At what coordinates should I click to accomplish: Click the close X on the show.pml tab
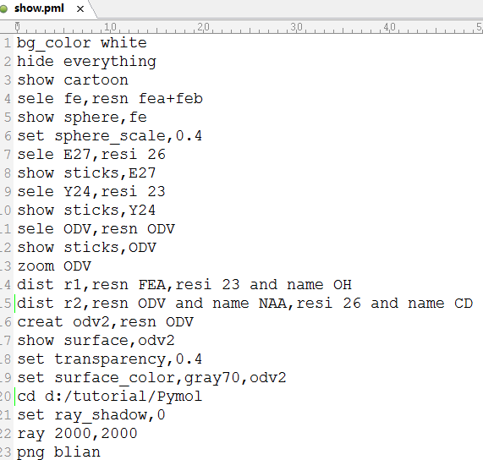pos(80,9)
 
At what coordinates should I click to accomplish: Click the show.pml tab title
pos(39,8)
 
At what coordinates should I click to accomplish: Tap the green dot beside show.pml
pos(3,9)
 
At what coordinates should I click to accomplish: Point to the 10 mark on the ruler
pos(110,27)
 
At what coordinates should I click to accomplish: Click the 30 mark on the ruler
pos(296,27)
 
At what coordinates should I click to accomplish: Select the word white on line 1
pos(123,43)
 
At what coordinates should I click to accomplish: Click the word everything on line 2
pos(110,62)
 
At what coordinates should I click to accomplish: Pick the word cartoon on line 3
pos(96,80)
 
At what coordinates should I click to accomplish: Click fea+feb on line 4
pos(170,99)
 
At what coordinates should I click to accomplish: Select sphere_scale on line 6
pos(110,136)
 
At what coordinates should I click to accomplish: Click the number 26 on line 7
pos(156,154)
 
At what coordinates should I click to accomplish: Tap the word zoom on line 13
pos(36,266)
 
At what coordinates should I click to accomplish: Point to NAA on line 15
pos(272,304)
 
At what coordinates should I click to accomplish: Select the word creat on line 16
pos(40,322)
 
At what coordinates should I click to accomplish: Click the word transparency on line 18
pos(110,360)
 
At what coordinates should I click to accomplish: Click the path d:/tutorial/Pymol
pos(123,397)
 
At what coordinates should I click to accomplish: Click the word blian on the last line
pos(77,452)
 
